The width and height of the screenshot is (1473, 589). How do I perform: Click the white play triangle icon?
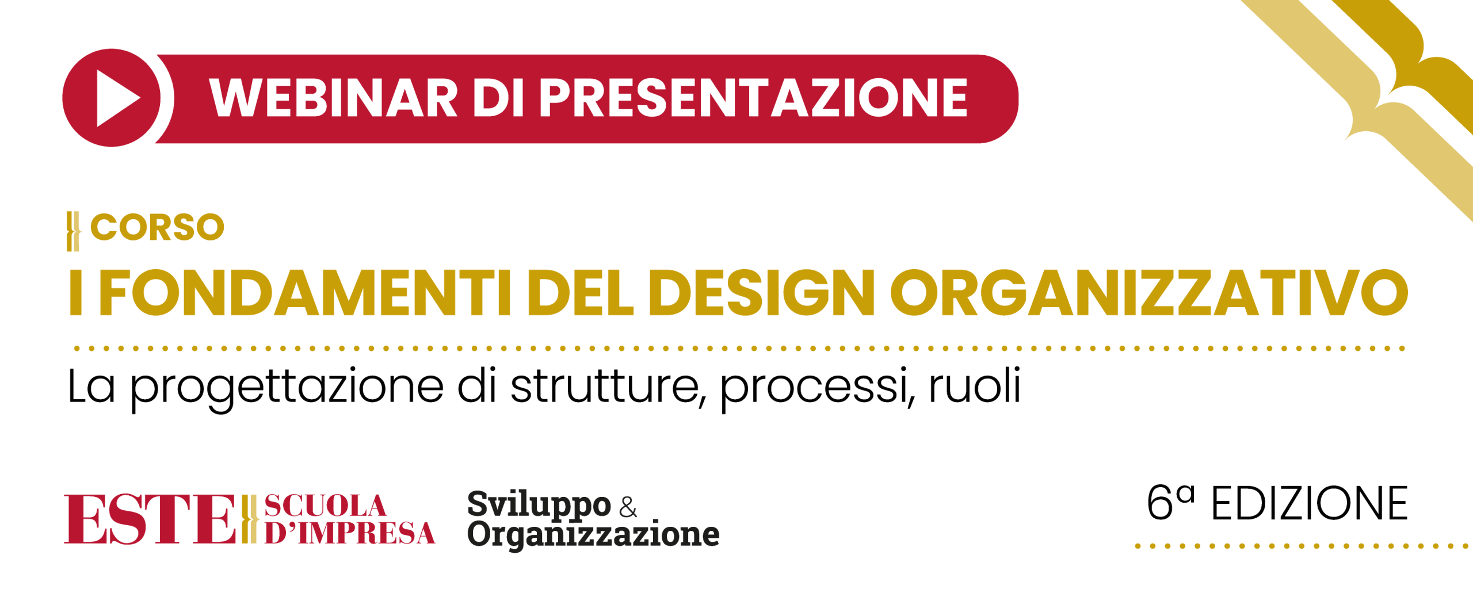click(x=117, y=98)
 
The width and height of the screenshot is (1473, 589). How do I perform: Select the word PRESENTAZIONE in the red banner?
click(x=753, y=98)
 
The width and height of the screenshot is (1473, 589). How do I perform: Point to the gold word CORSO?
click(x=157, y=227)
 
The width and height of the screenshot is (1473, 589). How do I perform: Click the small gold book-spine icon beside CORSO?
click(x=73, y=231)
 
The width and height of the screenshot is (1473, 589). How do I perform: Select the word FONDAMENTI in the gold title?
click(x=305, y=293)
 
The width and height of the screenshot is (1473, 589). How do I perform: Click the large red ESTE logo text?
click(x=150, y=519)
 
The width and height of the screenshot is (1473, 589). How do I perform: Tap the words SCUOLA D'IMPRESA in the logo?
click(x=349, y=519)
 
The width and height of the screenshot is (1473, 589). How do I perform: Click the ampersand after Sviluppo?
click(x=628, y=506)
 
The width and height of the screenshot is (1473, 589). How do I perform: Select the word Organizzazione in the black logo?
click(x=593, y=535)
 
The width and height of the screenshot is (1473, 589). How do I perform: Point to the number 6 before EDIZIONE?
click(x=1159, y=503)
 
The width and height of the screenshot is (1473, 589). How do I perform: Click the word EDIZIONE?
click(x=1310, y=504)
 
